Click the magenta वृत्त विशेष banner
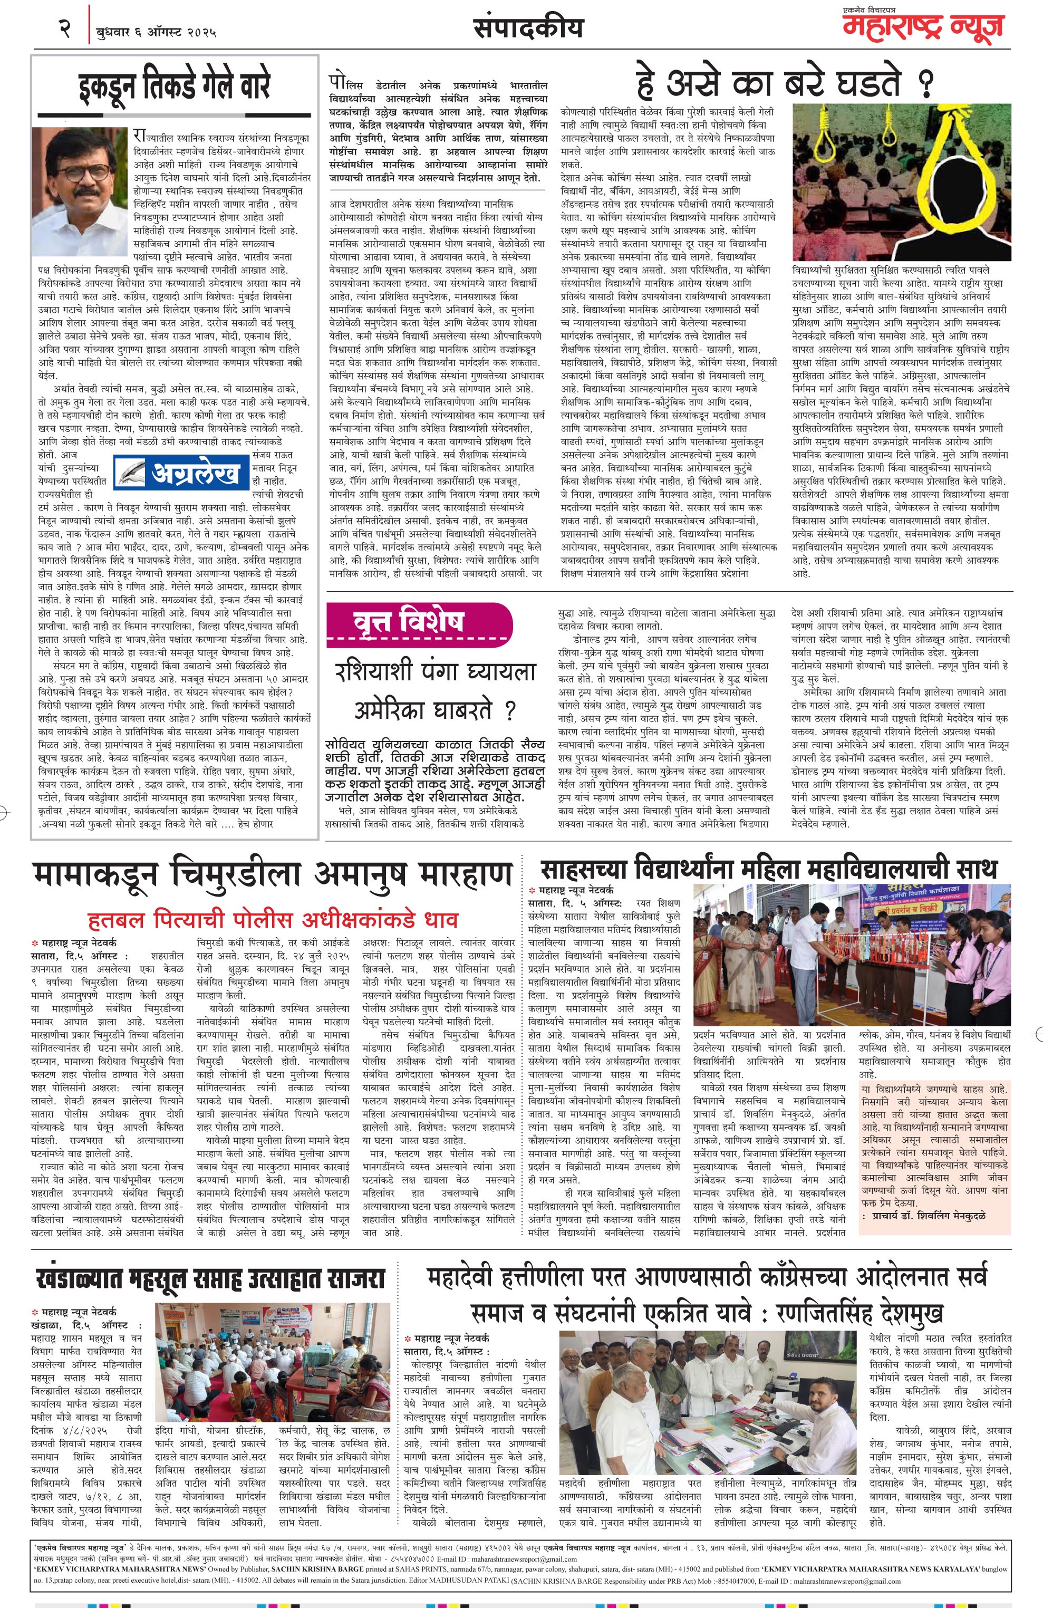tap(416, 622)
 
